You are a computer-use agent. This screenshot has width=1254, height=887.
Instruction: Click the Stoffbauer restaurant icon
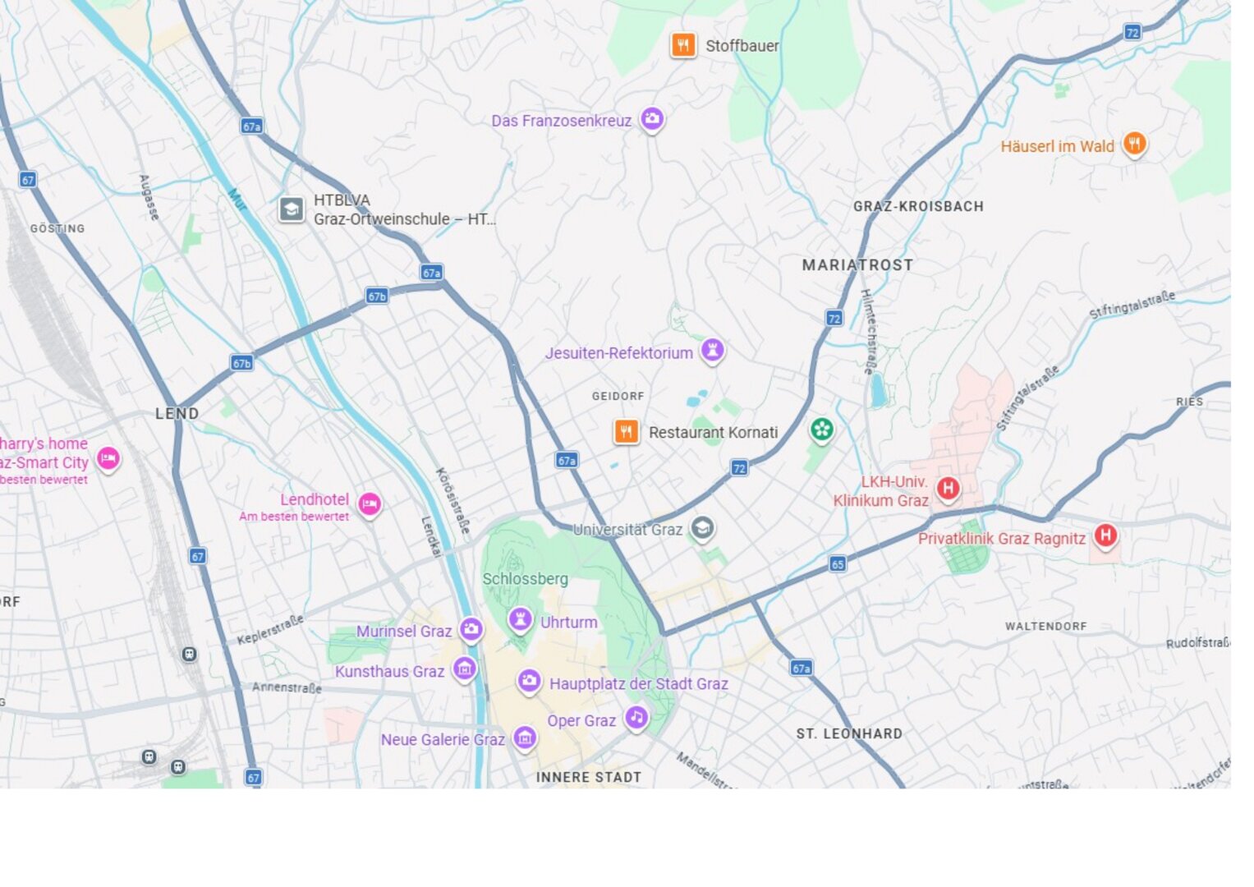click(683, 45)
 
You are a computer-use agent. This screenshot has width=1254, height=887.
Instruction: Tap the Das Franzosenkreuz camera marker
click(652, 119)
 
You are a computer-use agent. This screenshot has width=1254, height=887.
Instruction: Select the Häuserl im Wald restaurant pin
click(1134, 145)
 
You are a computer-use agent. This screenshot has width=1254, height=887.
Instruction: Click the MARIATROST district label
click(857, 265)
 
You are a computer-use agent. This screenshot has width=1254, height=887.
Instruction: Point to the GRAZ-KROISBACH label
click(918, 206)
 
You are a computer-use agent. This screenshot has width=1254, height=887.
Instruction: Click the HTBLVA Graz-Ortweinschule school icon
click(292, 209)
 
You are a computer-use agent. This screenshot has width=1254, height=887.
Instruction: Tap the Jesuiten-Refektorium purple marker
click(712, 351)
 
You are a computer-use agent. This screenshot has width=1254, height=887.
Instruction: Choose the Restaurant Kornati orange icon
click(627, 432)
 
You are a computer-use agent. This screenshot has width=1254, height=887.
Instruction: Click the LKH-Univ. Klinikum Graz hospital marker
click(949, 489)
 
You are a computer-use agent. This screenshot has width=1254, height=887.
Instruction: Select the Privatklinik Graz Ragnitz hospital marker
click(1105, 535)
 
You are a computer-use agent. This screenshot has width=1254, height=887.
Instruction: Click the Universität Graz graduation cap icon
click(702, 528)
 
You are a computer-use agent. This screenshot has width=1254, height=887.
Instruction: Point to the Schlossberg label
click(525, 579)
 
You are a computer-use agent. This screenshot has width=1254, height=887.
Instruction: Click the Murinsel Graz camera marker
click(471, 629)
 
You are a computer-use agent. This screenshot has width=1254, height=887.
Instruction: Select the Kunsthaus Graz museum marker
click(465, 669)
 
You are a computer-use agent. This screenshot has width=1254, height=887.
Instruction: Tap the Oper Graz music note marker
click(636, 718)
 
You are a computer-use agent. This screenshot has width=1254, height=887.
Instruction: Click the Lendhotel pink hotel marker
click(370, 503)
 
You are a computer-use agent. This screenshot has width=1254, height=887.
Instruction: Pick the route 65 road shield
click(838, 563)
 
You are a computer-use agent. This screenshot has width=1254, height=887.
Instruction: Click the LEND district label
click(177, 413)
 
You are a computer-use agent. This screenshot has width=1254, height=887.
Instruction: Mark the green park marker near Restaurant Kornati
click(821, 429)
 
